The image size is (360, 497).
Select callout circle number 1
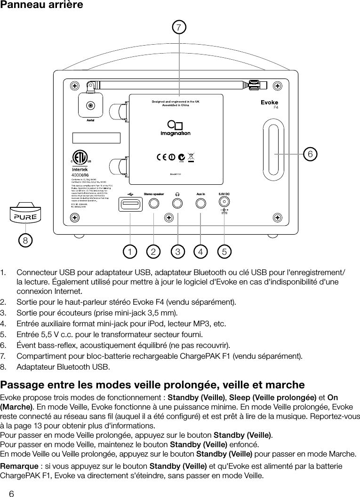(128, 252)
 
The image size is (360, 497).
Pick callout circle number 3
(177, 252)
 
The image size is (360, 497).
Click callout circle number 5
(224, 252)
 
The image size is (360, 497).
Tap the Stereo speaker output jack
(154, 204)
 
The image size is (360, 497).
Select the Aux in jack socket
(201, 204)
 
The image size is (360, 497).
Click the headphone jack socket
(177, 204)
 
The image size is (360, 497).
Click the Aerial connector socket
(91, 106)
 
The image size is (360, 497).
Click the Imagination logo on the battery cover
(176, 128)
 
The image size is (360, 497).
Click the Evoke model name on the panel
(269, 103)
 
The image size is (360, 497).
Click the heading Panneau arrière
(42, 6)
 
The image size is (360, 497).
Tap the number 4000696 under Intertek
(81, 174)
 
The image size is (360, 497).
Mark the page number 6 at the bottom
(11, 493)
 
